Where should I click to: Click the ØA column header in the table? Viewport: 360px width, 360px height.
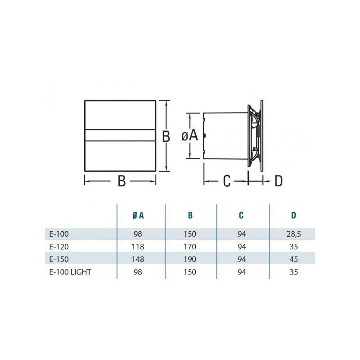click(139, 216)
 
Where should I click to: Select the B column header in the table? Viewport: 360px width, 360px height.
click(191, 216)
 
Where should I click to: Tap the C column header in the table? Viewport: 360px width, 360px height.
click(242, 216)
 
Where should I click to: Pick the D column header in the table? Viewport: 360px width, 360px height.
click(293, 216)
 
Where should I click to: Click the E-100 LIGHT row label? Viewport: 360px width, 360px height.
click(68, 271)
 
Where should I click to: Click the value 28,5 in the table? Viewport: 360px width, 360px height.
click(293, 234)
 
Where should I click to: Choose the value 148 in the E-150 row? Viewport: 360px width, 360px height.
click(139, 259)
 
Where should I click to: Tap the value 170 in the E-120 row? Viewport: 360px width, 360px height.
click(191, 246)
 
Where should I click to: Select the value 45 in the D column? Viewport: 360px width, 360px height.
click(293, 259)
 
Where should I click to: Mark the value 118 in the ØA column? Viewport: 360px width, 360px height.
click(139, 246)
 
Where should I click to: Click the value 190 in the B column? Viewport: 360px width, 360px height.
click(191, 259)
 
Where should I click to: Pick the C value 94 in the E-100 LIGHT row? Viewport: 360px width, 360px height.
click(242, 271)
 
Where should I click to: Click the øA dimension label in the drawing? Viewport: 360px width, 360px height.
click(189, 135)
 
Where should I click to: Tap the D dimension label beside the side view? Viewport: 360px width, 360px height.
click(279, 181)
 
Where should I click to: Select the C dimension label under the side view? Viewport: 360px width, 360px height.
click(226, 181)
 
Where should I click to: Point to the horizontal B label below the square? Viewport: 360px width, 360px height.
click(121, 181)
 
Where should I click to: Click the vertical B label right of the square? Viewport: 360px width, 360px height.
click(166, 136)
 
